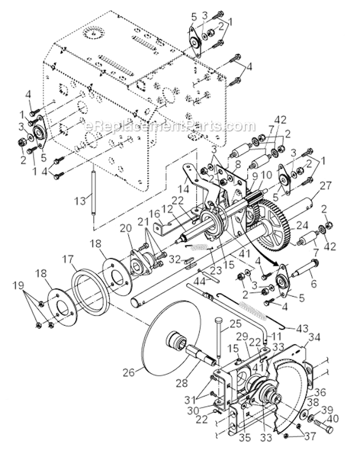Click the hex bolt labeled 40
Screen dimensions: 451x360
[325, 424]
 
